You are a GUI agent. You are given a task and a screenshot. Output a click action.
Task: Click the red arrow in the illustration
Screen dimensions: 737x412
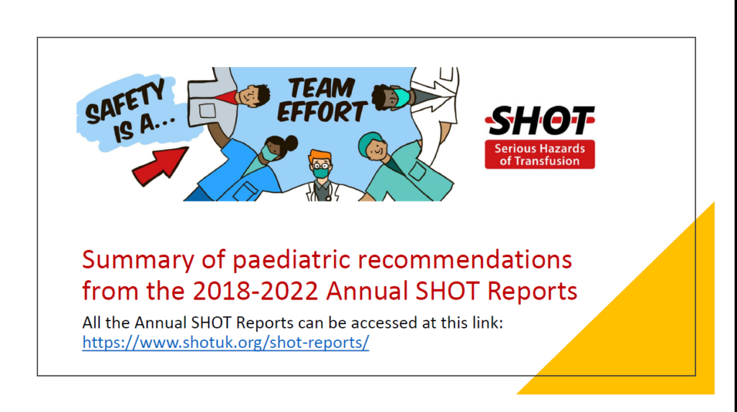tap(159, 166)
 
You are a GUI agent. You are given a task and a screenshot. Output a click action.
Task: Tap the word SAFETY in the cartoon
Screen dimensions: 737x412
tap(125, 102)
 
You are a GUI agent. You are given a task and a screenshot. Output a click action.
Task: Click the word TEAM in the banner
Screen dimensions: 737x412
tap(322, 88)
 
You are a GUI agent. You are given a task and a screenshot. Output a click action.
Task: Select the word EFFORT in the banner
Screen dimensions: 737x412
tap(322, 112)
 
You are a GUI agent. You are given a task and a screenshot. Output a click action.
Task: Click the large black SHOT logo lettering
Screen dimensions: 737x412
tap(540, 120)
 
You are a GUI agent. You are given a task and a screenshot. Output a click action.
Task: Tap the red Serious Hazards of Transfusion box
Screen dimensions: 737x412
tap(540, 154)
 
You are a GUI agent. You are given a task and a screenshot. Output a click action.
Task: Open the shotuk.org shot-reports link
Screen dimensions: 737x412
tap(225, 342)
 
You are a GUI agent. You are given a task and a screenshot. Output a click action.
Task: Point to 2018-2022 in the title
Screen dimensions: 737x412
tap(256, 291)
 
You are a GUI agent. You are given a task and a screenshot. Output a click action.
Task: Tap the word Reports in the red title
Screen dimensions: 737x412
tap(532, 292)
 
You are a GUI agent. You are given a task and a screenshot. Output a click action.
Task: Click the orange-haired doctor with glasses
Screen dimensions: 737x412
tap(322, 175)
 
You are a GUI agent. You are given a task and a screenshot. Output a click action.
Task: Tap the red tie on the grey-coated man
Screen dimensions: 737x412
tap(225, 98)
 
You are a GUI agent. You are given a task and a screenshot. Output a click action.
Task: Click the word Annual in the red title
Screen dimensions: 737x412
tap(368, 291)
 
